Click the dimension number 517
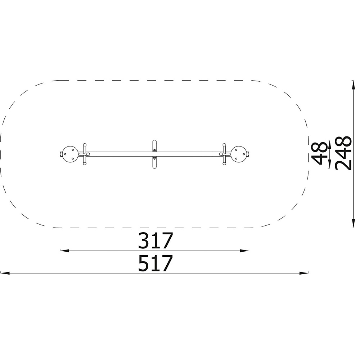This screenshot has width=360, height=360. coord(155,263)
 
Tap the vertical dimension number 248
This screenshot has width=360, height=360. coord(343,153)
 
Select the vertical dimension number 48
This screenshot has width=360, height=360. coord(319,153)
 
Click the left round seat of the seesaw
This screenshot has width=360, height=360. coord(70,154)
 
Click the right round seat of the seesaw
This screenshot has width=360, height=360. coord(239,154)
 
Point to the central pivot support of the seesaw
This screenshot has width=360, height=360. coord(154,154)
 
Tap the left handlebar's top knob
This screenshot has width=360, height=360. coord(85,145)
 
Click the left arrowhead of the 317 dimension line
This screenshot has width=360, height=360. coord(64,251)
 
